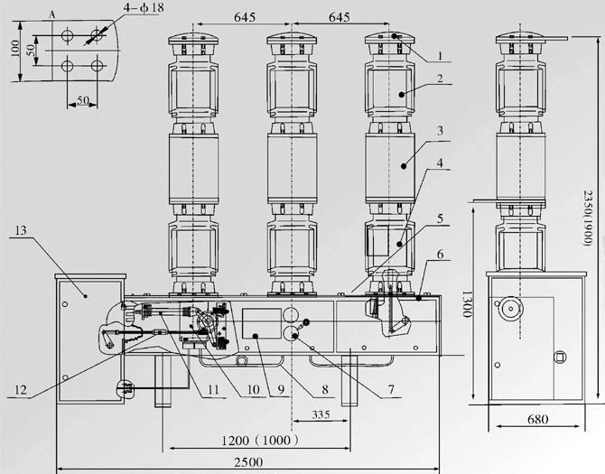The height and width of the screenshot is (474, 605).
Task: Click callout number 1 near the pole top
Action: click(439, 55)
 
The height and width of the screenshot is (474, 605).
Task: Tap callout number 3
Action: click(440, 131)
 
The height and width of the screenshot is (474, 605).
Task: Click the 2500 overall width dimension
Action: click(248, 462)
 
